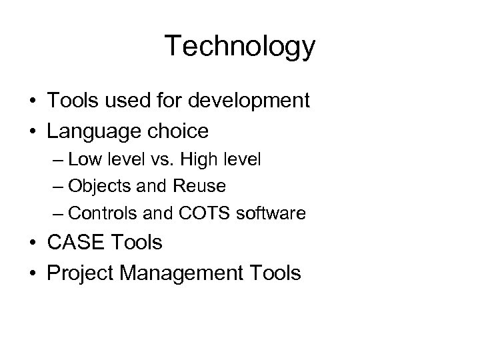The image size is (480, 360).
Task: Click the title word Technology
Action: (239, 47)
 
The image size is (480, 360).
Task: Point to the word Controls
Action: (101, 213)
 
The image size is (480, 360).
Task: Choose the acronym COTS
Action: (198, 213)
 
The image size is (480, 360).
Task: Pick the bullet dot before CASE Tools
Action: (32, 243)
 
